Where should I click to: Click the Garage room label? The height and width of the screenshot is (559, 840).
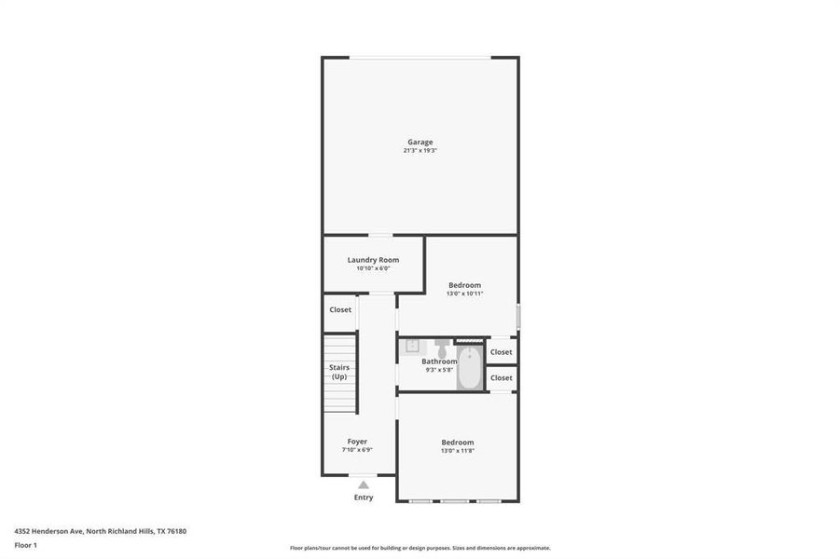click(420, 143)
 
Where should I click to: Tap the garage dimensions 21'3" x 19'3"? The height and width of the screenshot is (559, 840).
click(420, 151)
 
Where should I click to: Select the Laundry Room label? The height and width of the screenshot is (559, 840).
click(373, 260)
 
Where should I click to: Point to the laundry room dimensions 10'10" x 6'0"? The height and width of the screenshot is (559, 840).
click(373, 268)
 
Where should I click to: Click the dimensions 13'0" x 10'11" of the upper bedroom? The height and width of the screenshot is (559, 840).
click(464, 293)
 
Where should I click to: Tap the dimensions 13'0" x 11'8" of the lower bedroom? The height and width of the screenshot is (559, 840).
click(457, 451)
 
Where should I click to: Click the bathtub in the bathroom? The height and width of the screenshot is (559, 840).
click(470, 369)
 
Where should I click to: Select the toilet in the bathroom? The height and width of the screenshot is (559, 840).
click(442, 348)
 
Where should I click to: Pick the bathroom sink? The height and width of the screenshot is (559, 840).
click(412, 346)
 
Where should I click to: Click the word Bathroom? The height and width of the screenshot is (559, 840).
click(439, 361)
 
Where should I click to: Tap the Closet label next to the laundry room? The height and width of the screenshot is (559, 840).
click(340, 309)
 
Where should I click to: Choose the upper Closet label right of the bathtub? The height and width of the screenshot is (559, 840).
click(502, 352)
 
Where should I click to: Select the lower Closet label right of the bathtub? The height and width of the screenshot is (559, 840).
click(502, 378)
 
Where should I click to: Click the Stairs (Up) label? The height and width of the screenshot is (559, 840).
click(339, 372)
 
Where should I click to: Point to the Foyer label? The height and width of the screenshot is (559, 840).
click(357, 442)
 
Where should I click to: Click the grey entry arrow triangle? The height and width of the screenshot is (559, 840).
click(364, 484)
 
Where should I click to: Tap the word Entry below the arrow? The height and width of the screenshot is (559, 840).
click(364, 498)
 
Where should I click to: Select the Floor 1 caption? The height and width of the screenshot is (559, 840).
click(24, 544)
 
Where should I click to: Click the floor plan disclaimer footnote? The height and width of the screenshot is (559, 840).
click(420, 548)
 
